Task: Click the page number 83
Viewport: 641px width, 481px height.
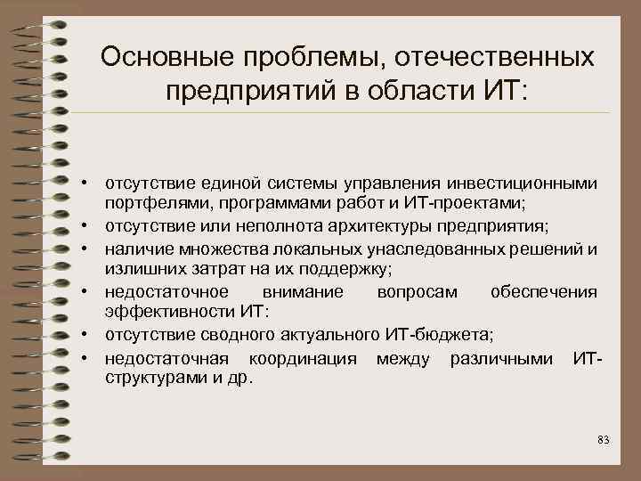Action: click(x=603, y=439)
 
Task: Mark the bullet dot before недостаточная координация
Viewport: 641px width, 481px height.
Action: click(x=91, y=358)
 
